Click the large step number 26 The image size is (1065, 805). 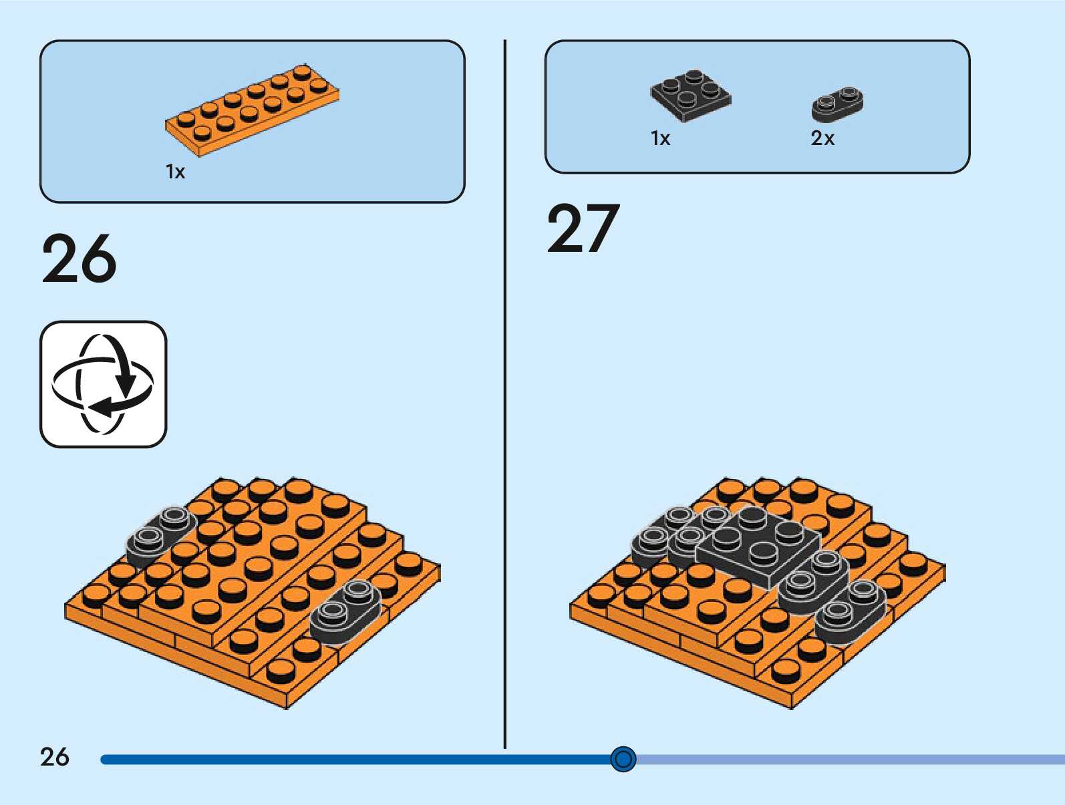(79, 259)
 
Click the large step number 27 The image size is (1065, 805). (583, 229)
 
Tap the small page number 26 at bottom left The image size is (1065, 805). (54, 757)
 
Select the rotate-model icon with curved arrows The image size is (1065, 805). (103, 384)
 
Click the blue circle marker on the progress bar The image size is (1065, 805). (623, 759)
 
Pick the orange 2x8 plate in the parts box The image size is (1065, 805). (253, 110)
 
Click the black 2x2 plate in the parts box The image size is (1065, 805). (690, 96)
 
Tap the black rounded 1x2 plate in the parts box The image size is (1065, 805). (837, 104)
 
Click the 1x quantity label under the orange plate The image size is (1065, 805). (175, 172)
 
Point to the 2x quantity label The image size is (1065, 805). (822, 138)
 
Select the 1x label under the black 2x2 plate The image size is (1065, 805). (660, 138)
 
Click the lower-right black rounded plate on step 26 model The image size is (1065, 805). (345, 609)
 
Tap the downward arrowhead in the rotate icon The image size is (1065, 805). (125, 387)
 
